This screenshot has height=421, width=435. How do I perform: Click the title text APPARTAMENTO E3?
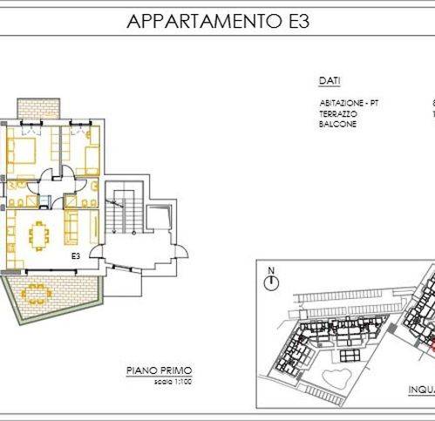tap(217, 21)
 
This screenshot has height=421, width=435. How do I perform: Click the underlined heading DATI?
tap(329, 80)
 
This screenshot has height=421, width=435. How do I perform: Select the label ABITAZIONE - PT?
tap(349, 103)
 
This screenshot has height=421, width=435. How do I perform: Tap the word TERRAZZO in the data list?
tap(337, 113)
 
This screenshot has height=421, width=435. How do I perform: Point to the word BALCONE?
tap(336, 124)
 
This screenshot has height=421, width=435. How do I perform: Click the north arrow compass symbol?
tap(272, 281)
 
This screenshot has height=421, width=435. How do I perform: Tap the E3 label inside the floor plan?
tap(76, 257)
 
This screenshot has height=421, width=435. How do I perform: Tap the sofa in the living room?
tap(70, 228)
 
